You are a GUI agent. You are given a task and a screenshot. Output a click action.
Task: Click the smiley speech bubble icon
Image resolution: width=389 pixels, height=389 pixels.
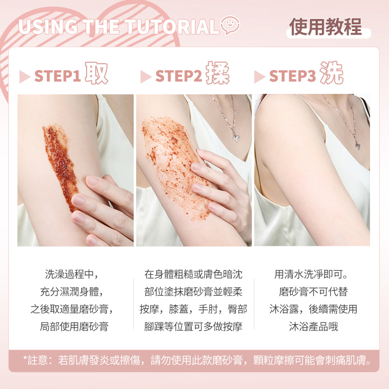[x=230, y=25]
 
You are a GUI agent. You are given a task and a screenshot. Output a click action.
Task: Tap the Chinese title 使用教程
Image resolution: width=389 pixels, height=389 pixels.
[x=325, y=27]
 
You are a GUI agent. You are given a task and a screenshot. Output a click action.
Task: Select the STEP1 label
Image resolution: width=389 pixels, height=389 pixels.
[x=57, y=76]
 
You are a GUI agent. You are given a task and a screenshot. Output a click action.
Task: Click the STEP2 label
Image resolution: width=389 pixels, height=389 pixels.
[x=178, y=76]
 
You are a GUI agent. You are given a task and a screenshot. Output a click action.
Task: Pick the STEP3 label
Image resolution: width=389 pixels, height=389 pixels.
[x=292, y=76]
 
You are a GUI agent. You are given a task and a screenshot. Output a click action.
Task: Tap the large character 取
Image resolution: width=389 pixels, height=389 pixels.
[x=96, y=73]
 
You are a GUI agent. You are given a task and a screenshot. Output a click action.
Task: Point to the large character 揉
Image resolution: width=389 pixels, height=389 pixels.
[x=218, y=73]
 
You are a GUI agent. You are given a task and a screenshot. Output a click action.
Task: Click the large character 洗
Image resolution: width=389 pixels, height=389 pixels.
[x=332, y=73]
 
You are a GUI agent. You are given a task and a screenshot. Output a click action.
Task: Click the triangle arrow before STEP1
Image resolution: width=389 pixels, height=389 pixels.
[x=24, y=77]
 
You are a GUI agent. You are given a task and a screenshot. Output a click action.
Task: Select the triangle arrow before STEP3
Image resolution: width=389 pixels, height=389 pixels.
[x=259, y=77]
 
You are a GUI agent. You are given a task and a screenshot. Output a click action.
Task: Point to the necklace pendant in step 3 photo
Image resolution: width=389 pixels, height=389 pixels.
[x=357, y=145]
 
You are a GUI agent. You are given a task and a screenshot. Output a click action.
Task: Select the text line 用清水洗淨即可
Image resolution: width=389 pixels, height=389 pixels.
[x=311, y=274]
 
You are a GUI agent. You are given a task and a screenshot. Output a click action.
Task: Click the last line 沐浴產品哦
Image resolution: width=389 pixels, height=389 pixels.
[x=313, y=326]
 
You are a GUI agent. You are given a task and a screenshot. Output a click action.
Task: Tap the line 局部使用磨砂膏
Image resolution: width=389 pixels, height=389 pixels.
[x=74, y=326]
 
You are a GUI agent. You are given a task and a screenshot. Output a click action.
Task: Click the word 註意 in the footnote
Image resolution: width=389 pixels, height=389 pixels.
[x=37, y=360]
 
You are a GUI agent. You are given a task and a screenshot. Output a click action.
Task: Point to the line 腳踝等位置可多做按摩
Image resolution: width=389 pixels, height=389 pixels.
[x=193, y=326]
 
